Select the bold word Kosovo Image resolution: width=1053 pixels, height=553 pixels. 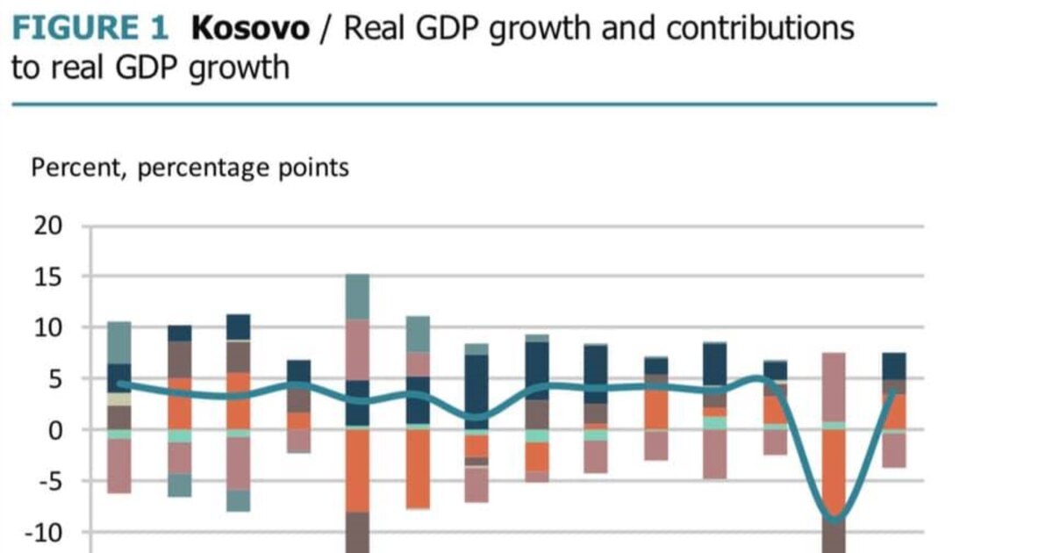[250, 28]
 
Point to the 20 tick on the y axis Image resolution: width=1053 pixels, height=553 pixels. [48, 226]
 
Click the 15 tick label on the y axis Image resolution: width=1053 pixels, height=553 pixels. [48, 276]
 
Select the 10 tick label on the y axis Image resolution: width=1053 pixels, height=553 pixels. [48, 327]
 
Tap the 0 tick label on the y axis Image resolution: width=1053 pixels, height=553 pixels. [56, 430]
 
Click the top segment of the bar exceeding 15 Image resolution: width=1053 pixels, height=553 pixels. [357, 297]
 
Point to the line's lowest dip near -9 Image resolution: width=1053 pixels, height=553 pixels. [834, 520]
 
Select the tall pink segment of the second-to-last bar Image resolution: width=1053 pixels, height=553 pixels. [834, 386]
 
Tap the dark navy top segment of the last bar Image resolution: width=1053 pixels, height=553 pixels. [893, 366]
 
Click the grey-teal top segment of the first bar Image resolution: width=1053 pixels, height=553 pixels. [119, 342]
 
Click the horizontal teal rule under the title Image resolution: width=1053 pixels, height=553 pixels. [474, 104]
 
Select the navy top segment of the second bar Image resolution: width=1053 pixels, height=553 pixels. [179, 334]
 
